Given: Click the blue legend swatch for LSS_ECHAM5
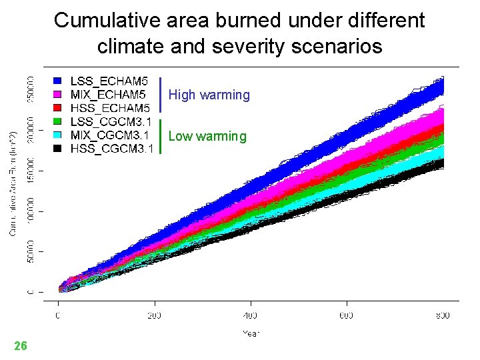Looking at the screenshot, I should coord(58,81).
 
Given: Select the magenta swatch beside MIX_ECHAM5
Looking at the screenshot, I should coord(58,95).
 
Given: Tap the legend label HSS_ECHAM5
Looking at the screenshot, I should coord(110,108).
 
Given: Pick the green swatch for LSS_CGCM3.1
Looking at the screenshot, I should coord(58,121).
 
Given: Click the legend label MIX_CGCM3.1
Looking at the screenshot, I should coord(111,135).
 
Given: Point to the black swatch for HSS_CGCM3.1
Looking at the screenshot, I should coord(58,148).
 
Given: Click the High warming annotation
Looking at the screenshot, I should coord(209,95).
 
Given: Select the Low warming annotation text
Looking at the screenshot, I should coord(207,137).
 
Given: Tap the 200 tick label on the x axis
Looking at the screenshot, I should coord(154,315).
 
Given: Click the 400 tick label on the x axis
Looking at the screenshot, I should coord(250,315).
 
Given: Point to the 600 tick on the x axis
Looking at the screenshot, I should coord(346,315).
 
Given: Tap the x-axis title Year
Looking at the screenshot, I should coord(251,333).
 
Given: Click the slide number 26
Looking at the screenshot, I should coord(21,346).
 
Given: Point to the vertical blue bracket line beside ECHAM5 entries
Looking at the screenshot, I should coord(161,95).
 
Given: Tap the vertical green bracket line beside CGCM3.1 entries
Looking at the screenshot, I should coord(161,137).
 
